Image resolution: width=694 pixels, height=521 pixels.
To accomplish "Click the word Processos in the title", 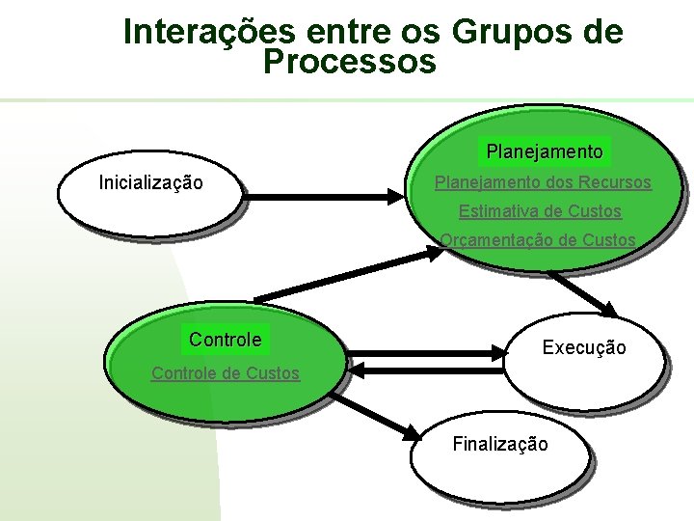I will pyautogui.click(x=349, y=64).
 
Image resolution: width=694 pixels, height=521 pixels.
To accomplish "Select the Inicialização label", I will pyautogui.click(x=151, y=181).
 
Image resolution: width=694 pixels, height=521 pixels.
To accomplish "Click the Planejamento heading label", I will pyautogui.click(x=545, y=151).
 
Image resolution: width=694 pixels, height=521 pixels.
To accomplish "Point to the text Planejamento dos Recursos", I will pyautogui.click(x=543, y=181).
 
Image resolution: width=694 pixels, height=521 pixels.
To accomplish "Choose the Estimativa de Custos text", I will pyautogui.click(x=540, y=210).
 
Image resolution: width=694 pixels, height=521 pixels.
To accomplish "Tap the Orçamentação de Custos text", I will pyautogui.click(x=538, y=239).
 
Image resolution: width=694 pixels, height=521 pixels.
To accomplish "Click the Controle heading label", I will pyautogui.click(x=225, y=340).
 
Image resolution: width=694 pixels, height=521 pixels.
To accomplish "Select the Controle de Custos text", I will pyautogui.click(x=225, y=372).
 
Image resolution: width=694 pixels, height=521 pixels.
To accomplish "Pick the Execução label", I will pyautogui.click(x=584, y=347).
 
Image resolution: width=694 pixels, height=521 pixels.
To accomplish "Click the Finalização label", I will pyautogui.click(x=500, y=444).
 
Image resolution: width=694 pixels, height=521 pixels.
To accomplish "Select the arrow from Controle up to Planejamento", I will pyautogui.click(x=347, y=274).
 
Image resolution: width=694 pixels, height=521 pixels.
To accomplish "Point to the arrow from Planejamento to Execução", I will pyautogui.click(x=583, y=292).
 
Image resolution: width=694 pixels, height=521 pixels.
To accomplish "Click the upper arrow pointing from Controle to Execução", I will pyautogui.click(x=424, y=352).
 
